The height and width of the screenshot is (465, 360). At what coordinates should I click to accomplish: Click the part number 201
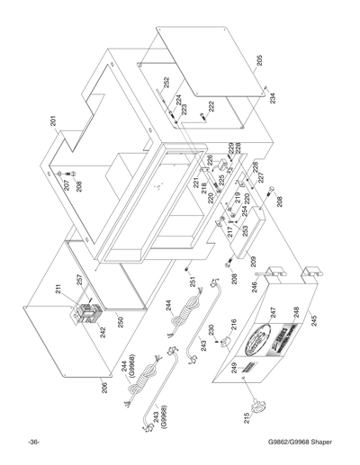[55, 121]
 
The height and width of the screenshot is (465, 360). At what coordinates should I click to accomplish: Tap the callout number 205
[259, 64]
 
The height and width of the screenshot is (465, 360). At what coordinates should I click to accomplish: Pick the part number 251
[192, 282]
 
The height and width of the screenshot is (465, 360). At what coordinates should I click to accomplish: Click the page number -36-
[32, 442]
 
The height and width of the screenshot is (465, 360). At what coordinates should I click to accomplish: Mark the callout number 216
[233, 324]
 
